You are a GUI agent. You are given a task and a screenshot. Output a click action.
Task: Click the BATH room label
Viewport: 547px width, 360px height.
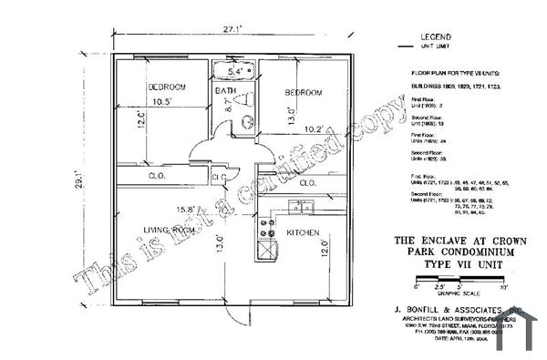[226, 92]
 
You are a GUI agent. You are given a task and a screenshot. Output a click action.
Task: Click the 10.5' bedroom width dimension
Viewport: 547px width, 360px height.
[163, 101]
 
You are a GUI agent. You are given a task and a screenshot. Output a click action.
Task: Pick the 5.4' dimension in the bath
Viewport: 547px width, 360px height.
[235, 71]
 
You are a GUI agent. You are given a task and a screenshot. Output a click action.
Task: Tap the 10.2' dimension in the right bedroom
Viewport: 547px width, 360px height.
[314, 129]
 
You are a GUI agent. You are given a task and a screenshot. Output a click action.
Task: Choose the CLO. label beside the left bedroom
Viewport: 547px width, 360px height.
[156, 175]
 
